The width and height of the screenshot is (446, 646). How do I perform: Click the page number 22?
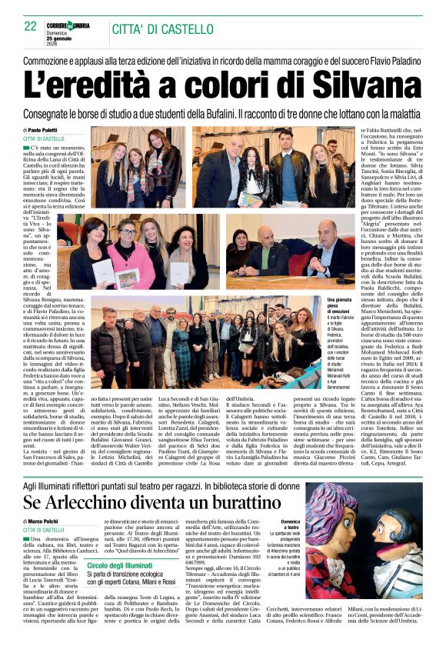click(x=31, y=25)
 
